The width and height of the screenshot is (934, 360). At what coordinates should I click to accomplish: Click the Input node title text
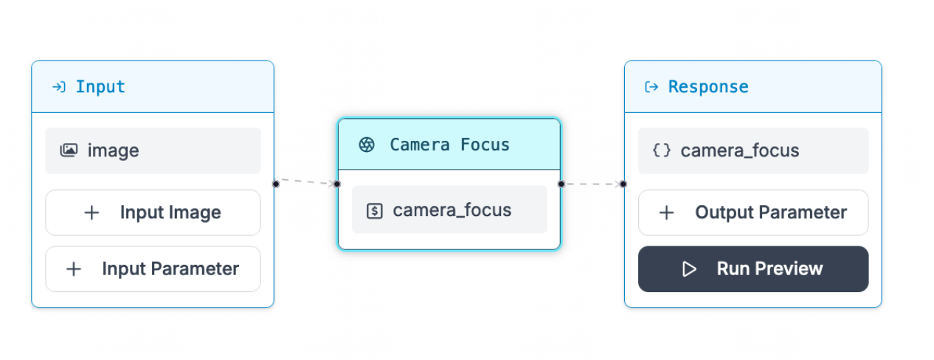(100, 87)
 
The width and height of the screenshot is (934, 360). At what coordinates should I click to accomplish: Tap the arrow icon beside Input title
(58, 87)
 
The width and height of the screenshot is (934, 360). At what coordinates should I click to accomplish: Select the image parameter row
(153, 150)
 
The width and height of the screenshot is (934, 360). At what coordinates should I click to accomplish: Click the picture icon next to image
(69, 150)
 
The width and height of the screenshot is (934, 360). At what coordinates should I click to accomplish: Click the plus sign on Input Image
(91, 212)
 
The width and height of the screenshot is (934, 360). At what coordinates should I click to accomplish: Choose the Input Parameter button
(153, 269)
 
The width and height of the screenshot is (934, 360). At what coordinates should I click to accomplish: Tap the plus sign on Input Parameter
(74, 269)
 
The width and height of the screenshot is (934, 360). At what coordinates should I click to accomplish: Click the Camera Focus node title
(449, 145)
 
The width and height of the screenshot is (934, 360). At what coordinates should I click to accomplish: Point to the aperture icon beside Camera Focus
(366, 145)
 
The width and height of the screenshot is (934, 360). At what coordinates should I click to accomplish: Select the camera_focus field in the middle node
(449, 210)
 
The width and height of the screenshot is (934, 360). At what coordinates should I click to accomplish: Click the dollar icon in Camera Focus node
(375, 211)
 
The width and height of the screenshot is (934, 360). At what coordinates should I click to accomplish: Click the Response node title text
(708, 87)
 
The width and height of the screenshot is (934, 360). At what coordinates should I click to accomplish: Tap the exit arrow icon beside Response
(651, 87)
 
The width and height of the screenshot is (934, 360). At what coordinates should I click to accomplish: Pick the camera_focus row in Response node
(753, 150)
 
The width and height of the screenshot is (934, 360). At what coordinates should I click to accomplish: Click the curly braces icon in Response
(662, 150)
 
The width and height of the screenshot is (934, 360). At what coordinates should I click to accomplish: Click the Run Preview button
(753, 269)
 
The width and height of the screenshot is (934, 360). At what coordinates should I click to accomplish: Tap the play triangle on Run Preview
(690, 269)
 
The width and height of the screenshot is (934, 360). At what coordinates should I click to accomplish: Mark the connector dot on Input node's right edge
(275, 183)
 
